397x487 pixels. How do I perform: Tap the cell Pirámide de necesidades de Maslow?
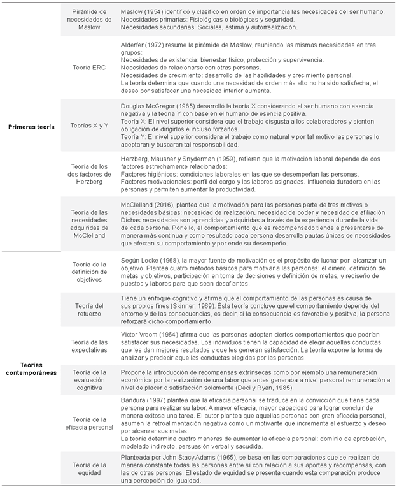click(x=90, y=19)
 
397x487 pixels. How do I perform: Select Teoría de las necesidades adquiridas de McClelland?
click(x=90, y=225)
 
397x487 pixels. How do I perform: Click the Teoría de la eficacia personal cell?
click(x=90, y=424)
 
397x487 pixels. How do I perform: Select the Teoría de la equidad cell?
click(x=90, y=469)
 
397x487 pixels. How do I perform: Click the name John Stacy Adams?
click(x=186, y=458)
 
